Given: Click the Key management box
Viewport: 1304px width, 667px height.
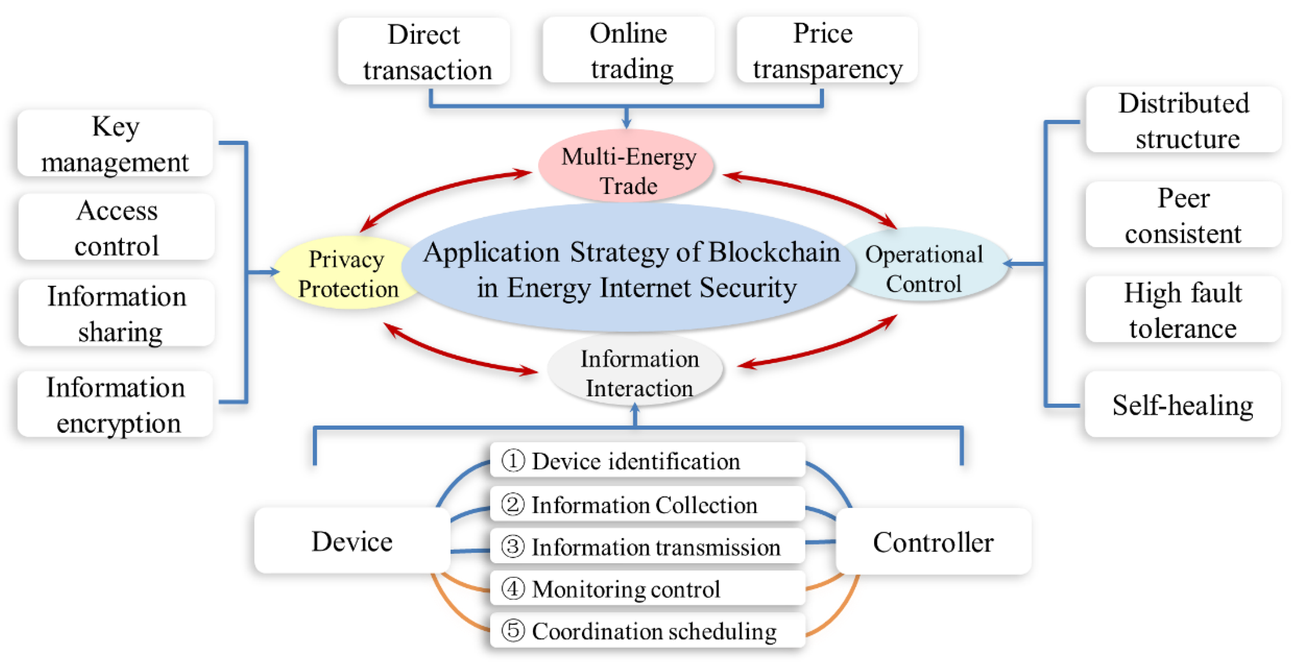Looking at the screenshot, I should tap(115, 144).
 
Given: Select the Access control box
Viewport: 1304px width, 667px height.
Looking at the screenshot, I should tap(116, 228).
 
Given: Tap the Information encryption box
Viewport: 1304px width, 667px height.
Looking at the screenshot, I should tap(115, 405).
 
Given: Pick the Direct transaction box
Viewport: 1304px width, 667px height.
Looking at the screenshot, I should tap(424, 52).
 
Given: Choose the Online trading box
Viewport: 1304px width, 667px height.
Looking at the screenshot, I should tap(629, 51).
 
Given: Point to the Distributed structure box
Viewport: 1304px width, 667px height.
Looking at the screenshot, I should tap(1184, 120).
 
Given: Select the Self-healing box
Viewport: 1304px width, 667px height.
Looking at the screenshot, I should tap(1183, 405).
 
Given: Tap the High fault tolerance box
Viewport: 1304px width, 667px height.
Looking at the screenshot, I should tap(1183, 310).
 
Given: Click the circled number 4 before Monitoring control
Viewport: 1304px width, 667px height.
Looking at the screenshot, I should tap(513, 589).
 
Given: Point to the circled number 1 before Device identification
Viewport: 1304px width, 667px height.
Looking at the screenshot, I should tap(513, 461).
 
